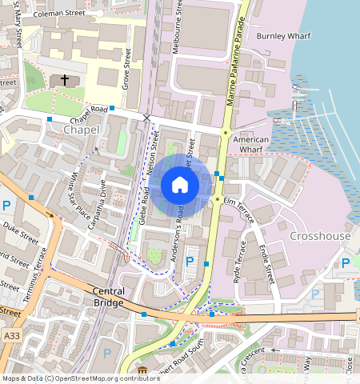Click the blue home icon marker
(180, 186)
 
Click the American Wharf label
(251, 144)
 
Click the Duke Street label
(19, 238)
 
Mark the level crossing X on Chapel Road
(146, 118)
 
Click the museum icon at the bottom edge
(142, 371)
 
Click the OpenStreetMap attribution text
(70, 378)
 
